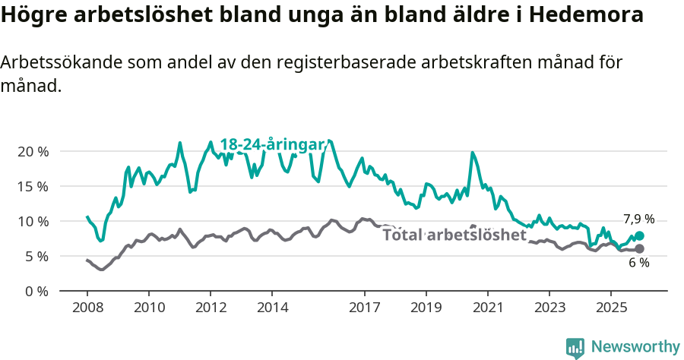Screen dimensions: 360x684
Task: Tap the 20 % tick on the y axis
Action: pyautogui.click(x=32, y=151)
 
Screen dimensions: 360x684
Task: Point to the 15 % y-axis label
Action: pyautogui.click(x=32, y=186)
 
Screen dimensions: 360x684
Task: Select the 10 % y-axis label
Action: pyautogui.click(x=32, y=221)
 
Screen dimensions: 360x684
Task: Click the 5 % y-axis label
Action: pyautogui.click(x=36, y=256)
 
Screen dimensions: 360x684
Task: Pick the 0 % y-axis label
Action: pyautogui.click(x=36, y=291)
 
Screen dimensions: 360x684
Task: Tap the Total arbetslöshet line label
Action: pyautogui.click(x=454, y=235)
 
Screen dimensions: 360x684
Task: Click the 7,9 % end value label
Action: pyautogui.click(x=638, y=219)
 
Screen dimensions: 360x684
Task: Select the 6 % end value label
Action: pyautogui.click(x=638, y=263)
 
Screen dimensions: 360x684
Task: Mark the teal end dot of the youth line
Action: pyautogui.click(x=639, y=236)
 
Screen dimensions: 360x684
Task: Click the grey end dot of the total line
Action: pyautogui.click(x=639, y=249)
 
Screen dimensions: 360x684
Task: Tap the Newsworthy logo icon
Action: pyautogui.click(x=575, y=347)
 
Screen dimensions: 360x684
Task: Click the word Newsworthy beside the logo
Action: pyautogui.click(x=635, y=347)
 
